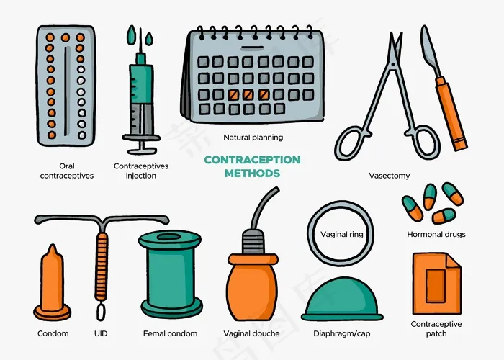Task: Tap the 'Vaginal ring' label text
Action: (342, 234)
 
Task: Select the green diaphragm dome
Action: (342, 298)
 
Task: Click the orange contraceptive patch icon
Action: (436, 284)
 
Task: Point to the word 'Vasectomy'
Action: (390, 176)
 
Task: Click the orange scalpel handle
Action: (451, 114)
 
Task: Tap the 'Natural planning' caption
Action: (253, 138)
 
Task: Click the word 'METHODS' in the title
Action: (252, 174)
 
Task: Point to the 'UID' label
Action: (101, 333)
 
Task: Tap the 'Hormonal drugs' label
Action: (436, 234)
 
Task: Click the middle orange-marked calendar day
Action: (248, 94)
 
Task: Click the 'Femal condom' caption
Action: (171, 333)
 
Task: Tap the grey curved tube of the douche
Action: (262, 206)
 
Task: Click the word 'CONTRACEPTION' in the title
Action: (252, 160)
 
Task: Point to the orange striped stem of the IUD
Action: (102, 266)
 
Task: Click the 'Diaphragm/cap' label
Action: (342, 333)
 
